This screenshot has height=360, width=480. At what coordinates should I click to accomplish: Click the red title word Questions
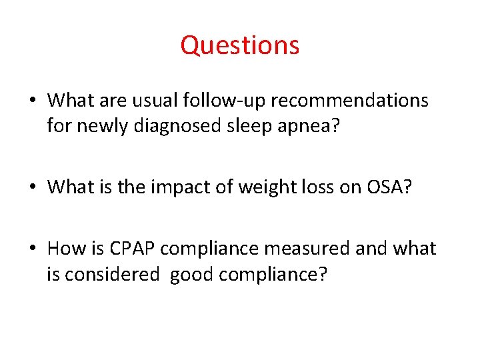(240, 45)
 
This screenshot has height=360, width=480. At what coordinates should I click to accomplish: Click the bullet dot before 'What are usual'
(33, 101)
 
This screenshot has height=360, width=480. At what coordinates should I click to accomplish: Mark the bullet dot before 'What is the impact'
(33, 188)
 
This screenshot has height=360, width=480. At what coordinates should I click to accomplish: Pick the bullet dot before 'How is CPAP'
(33, 249)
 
